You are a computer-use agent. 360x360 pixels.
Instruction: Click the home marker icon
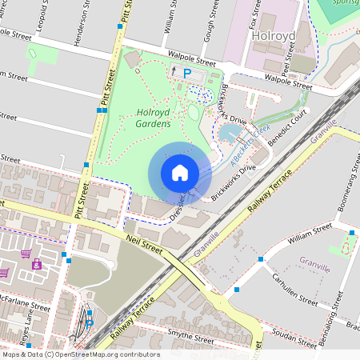180,173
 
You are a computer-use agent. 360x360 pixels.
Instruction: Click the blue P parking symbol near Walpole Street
187,73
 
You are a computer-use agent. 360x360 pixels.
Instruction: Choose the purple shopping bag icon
36,264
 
